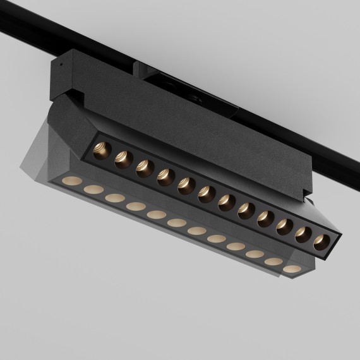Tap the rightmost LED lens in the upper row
point(323,241)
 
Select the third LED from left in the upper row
point(144,167)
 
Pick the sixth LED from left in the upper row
point(207,194)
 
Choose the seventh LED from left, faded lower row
point(197,231)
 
